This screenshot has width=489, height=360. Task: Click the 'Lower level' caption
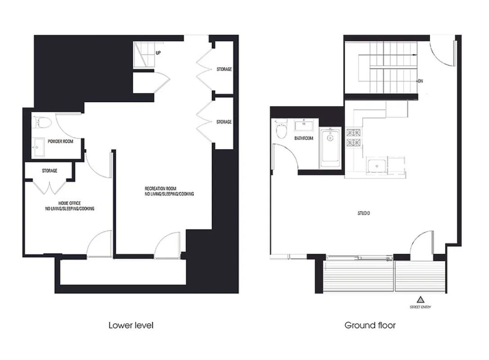click(130, 325)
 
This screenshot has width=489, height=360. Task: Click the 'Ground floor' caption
click(370, 325)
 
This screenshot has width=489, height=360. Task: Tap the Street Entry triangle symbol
click(420, 299)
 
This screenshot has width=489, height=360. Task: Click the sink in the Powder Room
click(40, 146)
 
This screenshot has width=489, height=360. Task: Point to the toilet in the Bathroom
click(282, 130)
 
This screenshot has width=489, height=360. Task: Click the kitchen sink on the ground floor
click(376, 166)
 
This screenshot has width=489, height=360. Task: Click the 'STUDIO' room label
click(363, 213)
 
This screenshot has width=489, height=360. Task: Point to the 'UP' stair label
click(158, 53)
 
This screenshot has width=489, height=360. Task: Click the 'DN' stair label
click(420, 81)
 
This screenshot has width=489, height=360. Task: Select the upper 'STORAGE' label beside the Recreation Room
click(224, 69)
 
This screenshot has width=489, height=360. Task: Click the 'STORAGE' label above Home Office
click(49, 171)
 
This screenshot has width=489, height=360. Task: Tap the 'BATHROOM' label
click(304, 138)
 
